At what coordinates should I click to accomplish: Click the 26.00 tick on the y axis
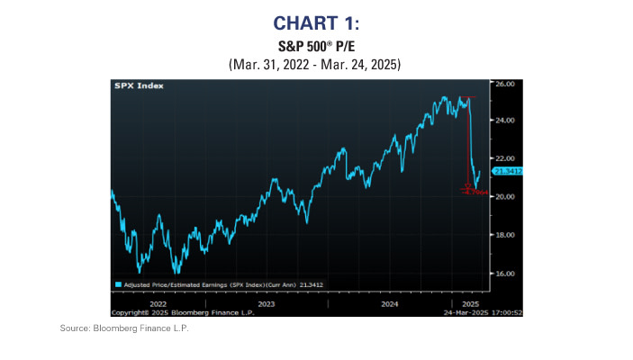pos(505,83)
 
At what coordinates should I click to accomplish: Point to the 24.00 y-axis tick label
pos(505,120)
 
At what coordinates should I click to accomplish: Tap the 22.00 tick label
pos(505,158)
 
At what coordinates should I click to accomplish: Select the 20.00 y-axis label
pos(505,196)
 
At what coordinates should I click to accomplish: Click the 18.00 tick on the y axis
pos(505,235)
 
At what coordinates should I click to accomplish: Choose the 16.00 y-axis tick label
pos(505,273)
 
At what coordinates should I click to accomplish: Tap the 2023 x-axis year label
pos(268,304)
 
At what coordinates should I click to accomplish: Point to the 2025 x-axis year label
pos(471,304)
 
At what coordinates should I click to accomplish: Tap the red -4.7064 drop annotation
pos(475,192)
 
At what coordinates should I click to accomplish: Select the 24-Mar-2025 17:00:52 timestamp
pos(457,312)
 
